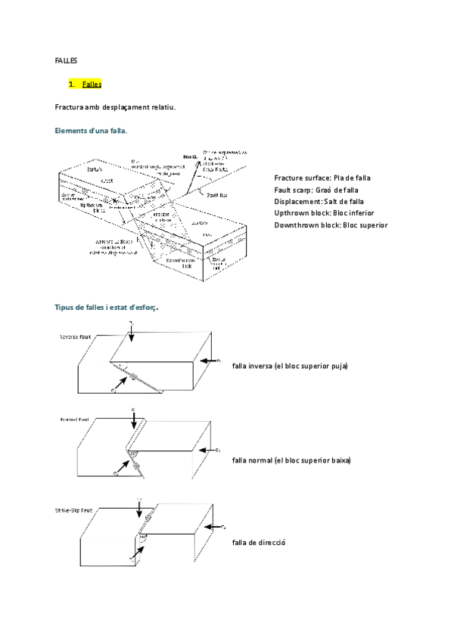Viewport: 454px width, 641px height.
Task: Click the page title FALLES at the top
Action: coord(67,60)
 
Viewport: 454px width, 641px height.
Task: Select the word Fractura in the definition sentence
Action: coord(72,107)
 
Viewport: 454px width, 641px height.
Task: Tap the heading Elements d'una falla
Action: coord(91,131)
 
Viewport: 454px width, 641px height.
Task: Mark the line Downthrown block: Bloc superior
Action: coord(331,225)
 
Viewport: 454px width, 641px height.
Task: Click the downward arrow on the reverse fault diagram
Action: coord(132,336)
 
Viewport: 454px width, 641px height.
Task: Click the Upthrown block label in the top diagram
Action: coord(95,206)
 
